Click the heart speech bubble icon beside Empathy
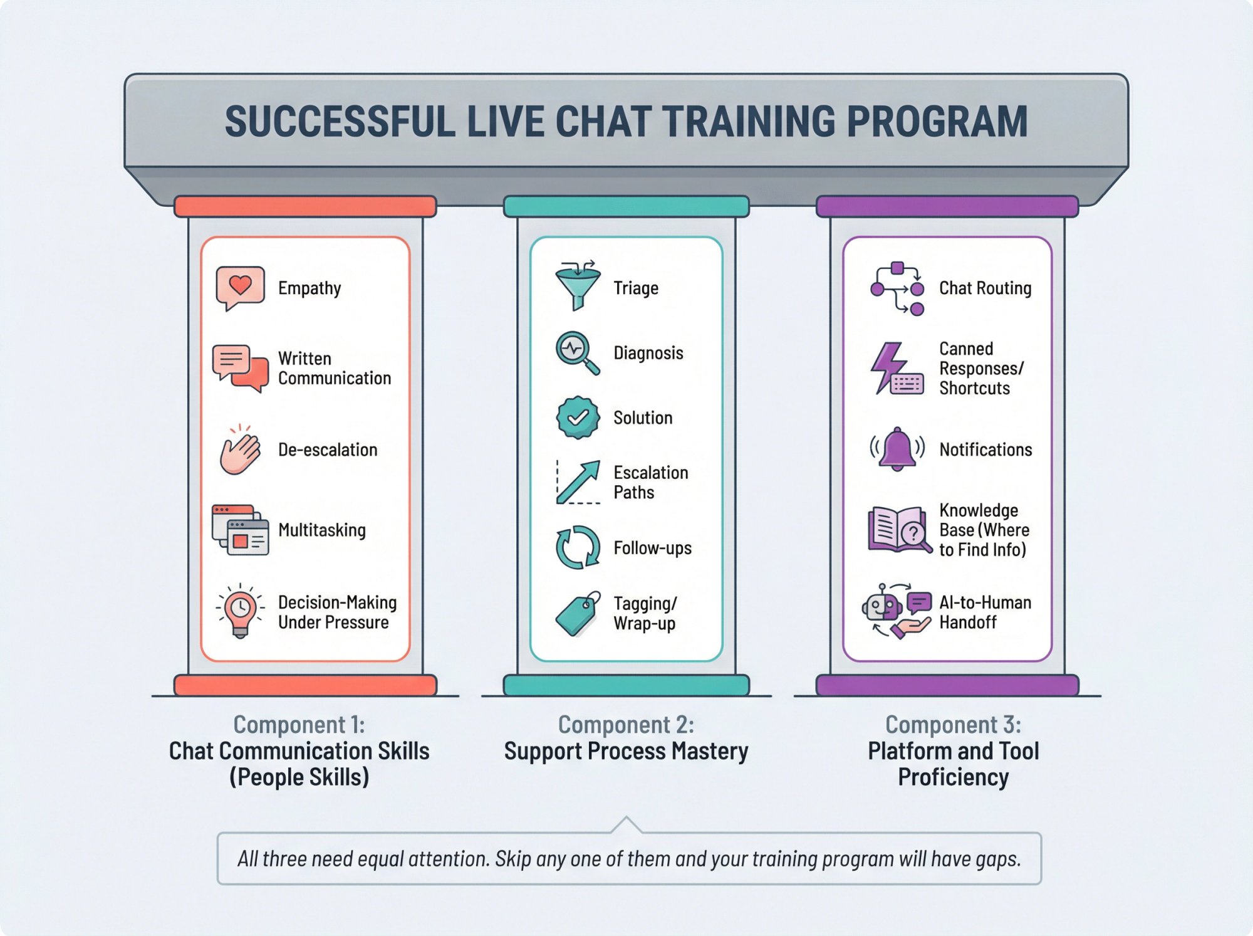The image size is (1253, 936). click(239, 287)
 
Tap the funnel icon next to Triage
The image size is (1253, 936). click(578, 285)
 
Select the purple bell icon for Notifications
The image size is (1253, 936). click(897, 449)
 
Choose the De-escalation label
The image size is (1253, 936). click(328, 450)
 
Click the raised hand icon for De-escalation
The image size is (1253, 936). click(239, 450)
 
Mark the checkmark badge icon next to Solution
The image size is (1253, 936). click(578, 417)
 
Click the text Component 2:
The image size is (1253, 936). click(626, 725)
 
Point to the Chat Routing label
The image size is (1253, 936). click(985, 288)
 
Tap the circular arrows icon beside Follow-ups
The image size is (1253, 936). click(578, 547)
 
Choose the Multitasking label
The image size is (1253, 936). click(321, 530)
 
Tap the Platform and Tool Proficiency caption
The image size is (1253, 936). click(953, 764)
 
